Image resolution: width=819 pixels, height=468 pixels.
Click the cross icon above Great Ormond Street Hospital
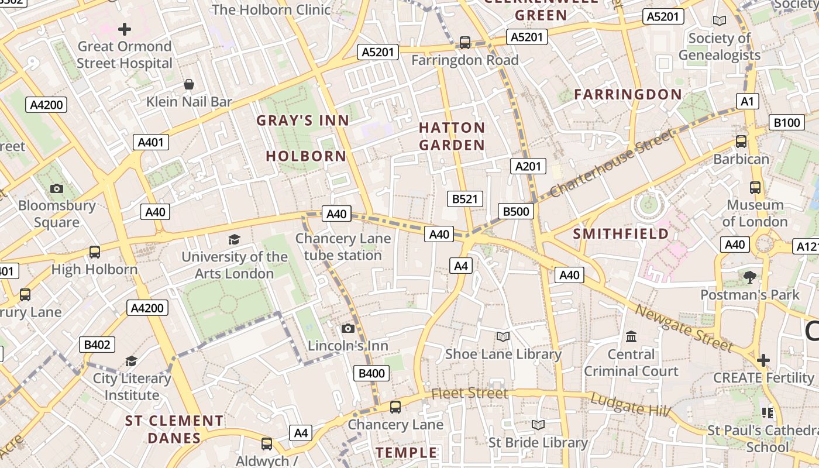tap(125, 29)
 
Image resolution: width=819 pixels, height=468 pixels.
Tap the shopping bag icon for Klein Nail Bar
tap(189, 85)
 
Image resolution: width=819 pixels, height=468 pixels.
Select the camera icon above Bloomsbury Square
tap(57, 188)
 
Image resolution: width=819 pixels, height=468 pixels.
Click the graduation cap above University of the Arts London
tap(235, 239)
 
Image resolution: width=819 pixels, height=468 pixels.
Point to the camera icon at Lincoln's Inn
tap(348, 328)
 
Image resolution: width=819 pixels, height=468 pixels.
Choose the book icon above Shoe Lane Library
tap(503, 336)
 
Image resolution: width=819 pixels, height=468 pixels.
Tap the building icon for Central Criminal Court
tap(631, 336)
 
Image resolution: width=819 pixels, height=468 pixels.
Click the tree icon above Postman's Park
tap(750, 277)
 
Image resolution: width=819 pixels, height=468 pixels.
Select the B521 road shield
tap(465, 199)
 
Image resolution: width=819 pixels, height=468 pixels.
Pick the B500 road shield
tap(516, 211)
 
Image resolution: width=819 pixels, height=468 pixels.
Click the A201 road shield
tap(528, 166)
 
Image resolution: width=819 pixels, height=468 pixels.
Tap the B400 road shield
tap(371, 373)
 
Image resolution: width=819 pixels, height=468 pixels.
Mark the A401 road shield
tap(151, 142)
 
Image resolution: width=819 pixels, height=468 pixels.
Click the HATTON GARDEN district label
tap(452, 136)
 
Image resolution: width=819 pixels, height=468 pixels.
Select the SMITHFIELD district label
tap(621, 234)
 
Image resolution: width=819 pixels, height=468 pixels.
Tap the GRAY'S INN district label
tap(303, 121)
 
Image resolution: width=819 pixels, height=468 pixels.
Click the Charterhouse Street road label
tap(612, 163)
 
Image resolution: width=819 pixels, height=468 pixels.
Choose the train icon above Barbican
tap(741, 141)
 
